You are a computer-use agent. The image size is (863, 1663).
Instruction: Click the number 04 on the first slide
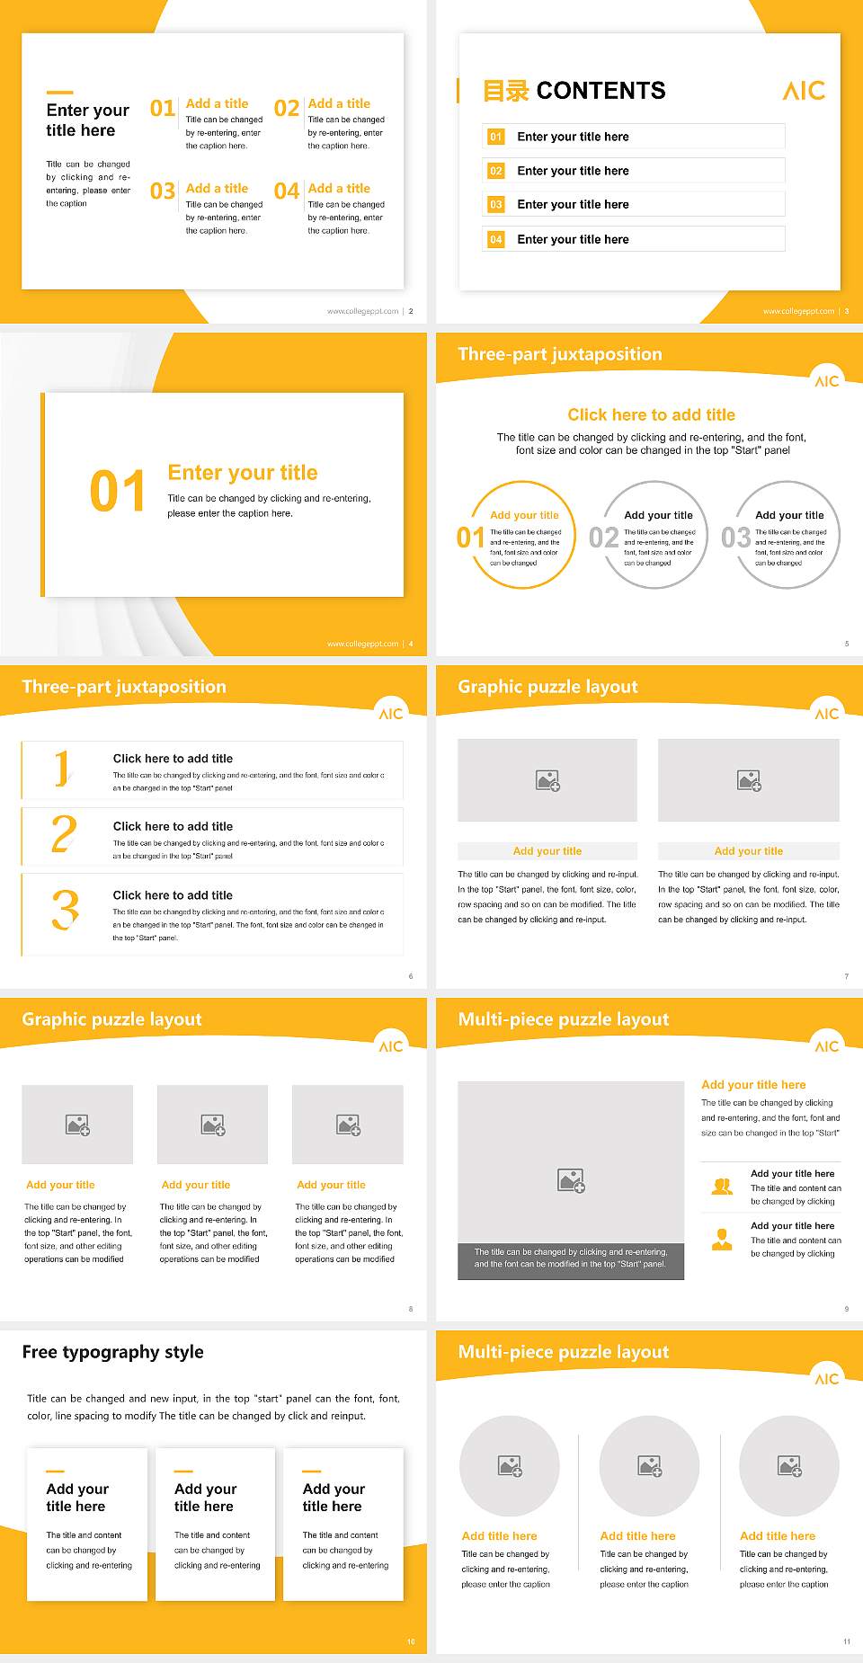[286, 191]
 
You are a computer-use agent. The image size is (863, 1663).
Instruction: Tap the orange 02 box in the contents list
[496, 171]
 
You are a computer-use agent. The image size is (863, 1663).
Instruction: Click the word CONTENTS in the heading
[601, 91]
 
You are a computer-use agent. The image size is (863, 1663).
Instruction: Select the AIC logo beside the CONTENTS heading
[803, 91]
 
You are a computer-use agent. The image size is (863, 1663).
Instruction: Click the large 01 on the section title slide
[117, 492]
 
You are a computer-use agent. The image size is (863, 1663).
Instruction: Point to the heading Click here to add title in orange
[651, 414]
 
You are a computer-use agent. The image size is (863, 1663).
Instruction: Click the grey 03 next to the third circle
[735, 538]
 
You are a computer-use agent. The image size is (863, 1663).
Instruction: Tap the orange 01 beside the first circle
[470, 538]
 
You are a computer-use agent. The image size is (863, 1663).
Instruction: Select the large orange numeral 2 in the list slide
[64, 834]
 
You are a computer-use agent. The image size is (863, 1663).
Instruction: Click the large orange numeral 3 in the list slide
[65, 910]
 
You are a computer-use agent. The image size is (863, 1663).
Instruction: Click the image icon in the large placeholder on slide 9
[571, 1180]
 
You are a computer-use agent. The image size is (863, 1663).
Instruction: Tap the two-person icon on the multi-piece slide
[722, 1187]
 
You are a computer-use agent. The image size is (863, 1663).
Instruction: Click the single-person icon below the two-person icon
[722, 1240]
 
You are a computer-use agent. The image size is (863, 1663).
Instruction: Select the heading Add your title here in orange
[753, 1085]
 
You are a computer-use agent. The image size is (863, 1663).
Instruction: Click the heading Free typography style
[112, 1352]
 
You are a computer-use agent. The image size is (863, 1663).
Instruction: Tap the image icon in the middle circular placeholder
[650, 1466]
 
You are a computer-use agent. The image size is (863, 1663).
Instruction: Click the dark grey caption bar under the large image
[570, 1258]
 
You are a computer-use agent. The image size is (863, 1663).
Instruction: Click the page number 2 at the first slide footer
[411, 311]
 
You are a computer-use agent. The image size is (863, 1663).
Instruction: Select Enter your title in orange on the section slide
[242, 473]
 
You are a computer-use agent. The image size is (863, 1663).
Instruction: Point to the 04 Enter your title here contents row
[634, 239]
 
